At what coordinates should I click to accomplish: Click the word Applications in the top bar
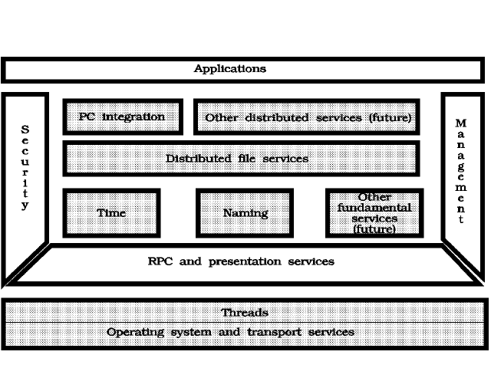230,68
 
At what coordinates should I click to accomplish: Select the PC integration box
123,117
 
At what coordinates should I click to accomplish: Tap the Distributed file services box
241,159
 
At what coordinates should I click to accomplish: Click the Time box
111,213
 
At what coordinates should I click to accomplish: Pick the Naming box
245,213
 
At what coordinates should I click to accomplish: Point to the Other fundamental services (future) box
374,213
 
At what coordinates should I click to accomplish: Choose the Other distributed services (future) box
307,117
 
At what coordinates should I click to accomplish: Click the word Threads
245,313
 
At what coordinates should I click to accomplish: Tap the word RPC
160,261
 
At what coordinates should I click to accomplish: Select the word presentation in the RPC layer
245,261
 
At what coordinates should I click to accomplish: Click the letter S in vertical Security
25,130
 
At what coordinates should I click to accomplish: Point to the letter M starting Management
460,123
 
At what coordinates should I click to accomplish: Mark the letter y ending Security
25,205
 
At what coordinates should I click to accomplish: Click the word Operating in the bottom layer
135,332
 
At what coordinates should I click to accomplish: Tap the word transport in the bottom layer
275,333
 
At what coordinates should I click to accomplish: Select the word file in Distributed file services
247,159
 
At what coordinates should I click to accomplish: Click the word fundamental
374,208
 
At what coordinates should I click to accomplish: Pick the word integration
133,117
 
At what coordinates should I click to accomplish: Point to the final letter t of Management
460,219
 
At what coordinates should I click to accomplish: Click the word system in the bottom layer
191,333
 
